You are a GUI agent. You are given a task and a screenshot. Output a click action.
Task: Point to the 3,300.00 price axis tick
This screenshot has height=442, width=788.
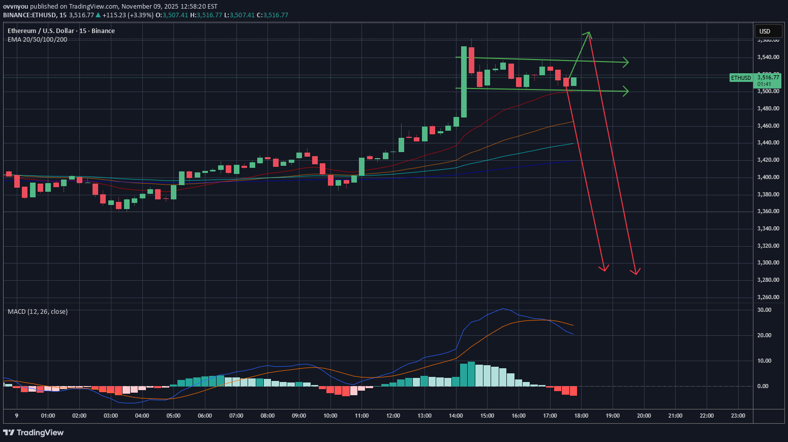[768, 263]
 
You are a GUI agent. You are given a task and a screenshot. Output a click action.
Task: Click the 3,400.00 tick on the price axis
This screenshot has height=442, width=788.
[768, 178]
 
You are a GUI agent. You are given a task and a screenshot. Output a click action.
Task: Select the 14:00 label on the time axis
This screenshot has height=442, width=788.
[456, 416]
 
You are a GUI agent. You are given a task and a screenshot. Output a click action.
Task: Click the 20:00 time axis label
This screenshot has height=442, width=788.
[644, 416]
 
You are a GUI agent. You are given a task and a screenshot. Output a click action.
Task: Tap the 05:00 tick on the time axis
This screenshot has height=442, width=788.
[173, 416]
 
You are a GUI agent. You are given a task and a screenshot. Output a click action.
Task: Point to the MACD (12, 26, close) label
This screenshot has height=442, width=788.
[38, 311]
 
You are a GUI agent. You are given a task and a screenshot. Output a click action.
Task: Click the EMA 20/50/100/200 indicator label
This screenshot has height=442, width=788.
[37, 40]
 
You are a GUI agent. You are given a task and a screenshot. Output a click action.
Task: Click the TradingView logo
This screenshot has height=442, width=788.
[34, 432]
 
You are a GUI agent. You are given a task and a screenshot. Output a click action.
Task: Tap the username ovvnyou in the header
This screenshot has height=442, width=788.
[16, 7]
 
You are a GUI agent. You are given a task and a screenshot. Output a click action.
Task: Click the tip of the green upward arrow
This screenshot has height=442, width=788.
[589, 33]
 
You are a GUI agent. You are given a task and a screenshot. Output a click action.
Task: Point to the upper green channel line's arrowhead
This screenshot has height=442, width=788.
[627, 63]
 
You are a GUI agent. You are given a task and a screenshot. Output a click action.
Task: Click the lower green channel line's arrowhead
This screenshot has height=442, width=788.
[627, 92]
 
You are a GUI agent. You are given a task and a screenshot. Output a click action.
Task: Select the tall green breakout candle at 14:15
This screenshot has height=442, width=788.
[464, 81]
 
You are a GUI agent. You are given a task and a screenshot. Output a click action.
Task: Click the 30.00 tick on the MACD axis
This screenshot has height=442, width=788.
[764, 310]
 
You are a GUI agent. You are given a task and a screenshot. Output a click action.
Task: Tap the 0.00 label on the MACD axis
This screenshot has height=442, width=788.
[763, 386]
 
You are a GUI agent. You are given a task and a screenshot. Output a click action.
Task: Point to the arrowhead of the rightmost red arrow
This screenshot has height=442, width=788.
[636, 273]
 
